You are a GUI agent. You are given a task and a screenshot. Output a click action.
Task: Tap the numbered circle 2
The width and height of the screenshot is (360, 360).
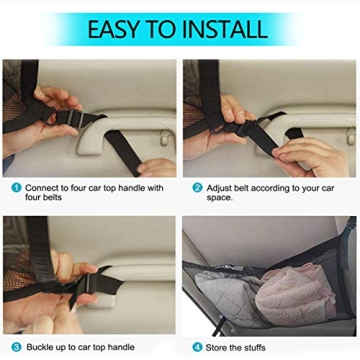pos(197,187)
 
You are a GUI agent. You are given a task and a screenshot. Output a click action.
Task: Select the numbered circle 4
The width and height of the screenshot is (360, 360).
pos(197,346)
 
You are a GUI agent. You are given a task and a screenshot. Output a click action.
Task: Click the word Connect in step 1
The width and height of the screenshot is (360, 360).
pos(43,187)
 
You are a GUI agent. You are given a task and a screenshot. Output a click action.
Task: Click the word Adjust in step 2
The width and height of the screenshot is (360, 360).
pos(219,187)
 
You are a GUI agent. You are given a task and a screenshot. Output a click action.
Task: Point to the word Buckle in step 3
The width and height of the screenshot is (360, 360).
pos(41,346)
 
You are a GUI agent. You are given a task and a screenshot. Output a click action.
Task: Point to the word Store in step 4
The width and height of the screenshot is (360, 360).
pos(217,346)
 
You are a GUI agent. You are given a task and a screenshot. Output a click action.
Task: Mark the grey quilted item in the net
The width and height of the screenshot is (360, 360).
pos(225,295)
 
